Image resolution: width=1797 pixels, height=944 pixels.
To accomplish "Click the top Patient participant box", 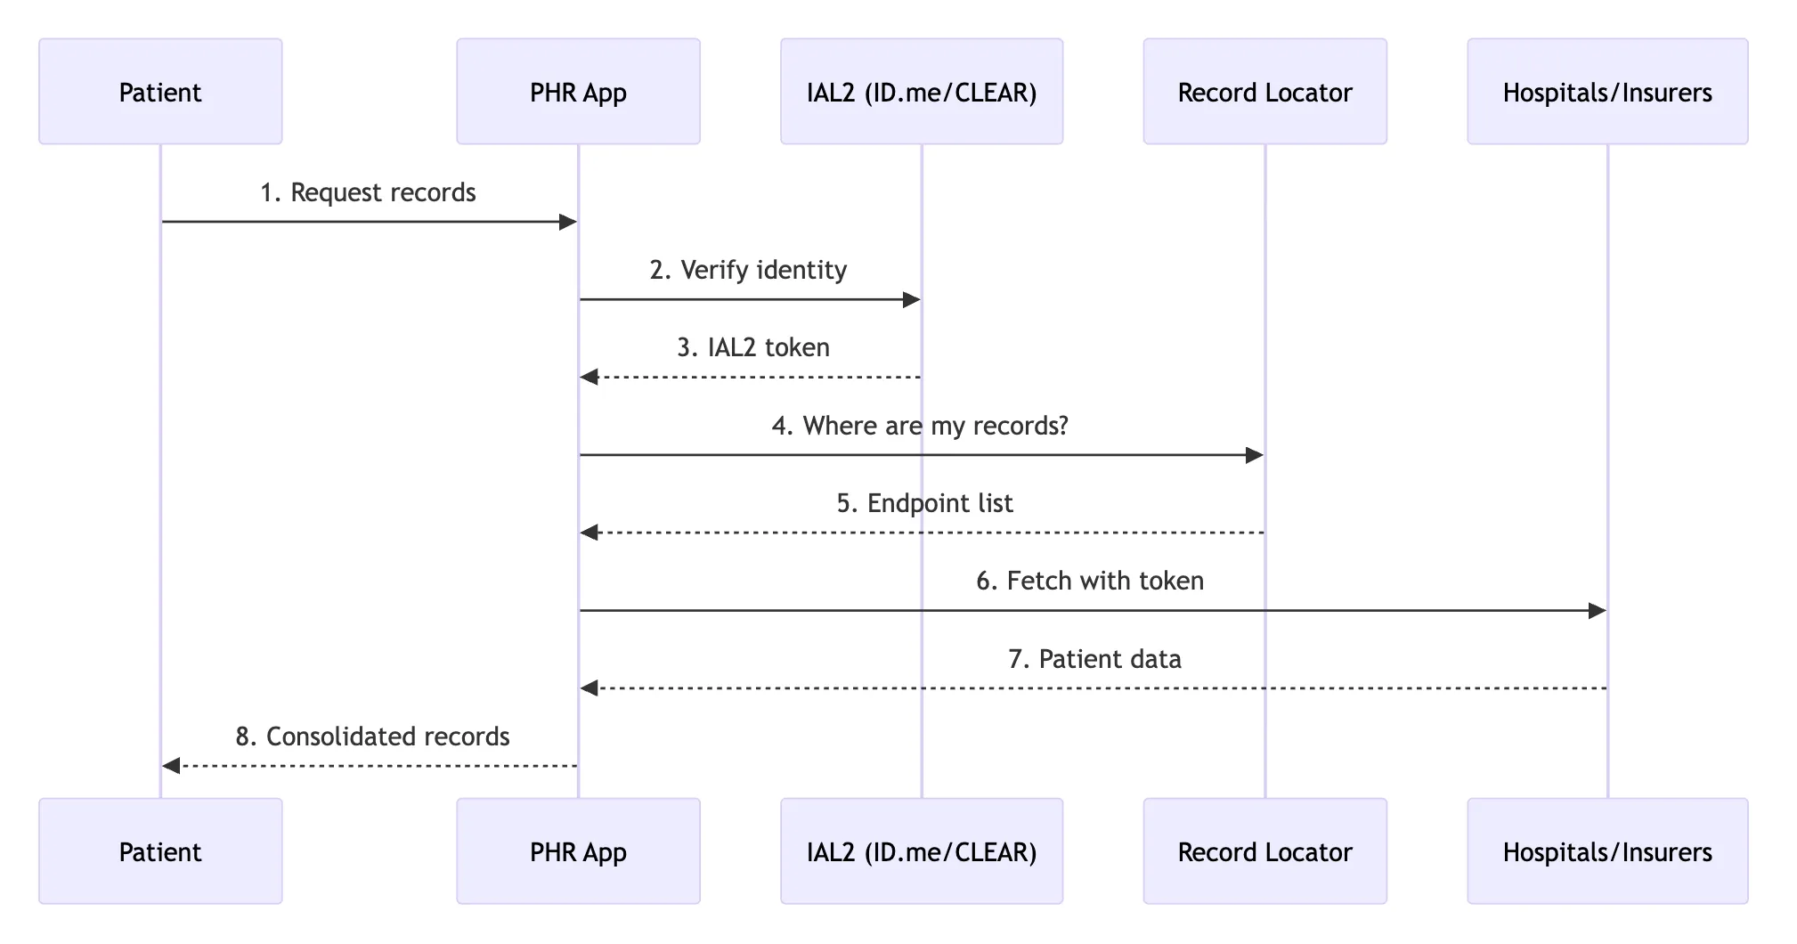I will click(160, 92).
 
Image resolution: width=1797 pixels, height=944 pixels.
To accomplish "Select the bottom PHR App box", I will click(578, 851).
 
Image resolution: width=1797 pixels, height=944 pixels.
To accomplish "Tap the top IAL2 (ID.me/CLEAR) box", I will click(922, 92).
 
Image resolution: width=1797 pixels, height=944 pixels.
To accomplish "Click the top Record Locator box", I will click(1264, 92).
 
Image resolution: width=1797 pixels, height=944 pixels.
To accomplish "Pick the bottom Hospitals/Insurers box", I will click(1607, 851).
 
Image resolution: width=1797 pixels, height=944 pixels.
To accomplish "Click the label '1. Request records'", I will click(368, 192).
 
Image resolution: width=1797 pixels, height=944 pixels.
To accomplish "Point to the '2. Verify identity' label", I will click(748, 270).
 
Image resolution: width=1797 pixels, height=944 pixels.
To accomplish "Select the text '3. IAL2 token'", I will click(753, 347).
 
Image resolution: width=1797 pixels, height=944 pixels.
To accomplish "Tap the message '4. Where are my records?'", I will click(920, 426).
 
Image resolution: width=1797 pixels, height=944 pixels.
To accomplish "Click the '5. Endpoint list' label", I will click(924, 503).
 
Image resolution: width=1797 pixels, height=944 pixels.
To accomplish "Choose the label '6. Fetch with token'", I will click(1090, 581).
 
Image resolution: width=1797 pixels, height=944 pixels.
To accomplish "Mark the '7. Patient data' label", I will click(1094, 659).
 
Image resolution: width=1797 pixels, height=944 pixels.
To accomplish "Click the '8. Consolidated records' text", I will click(372, 736).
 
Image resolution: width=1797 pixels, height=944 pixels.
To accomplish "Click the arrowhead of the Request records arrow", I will click(568, 222).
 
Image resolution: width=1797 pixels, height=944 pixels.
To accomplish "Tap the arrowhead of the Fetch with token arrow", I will click(1598, 611).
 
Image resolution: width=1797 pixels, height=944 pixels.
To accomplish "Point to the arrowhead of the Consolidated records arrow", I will click(171, 766).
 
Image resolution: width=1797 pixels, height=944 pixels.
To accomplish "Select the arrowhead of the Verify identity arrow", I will click(912, 300).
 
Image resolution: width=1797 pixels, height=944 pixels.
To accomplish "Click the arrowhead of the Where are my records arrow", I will click(1255, 455).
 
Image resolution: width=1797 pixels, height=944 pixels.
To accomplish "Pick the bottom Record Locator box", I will click(1264, 851).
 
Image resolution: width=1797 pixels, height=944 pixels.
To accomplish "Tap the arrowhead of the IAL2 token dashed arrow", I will click(589, 378).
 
